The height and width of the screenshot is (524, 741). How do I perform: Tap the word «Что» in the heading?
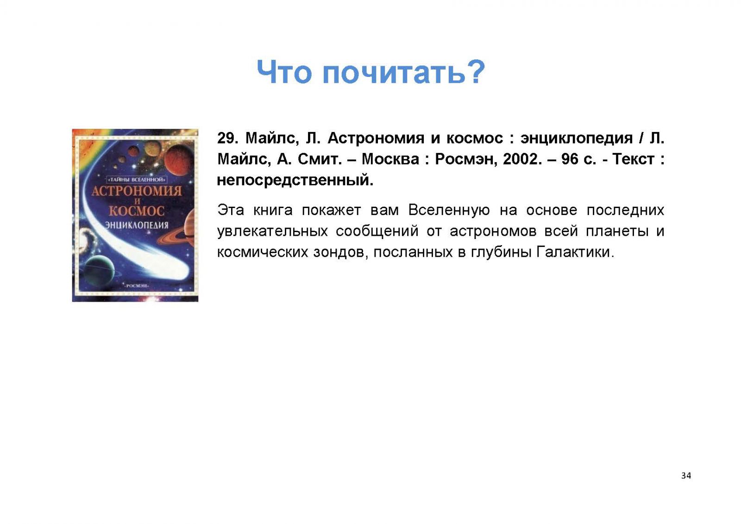[x=284, y=72]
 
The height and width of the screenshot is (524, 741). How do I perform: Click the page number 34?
[x=686, y=475]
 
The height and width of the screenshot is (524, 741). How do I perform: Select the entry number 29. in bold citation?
[x=227, y=138]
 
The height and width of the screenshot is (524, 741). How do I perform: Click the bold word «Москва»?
[x=390, y=159]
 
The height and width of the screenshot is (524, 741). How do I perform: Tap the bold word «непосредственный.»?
[x=295, y=181]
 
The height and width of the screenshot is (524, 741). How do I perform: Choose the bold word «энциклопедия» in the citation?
[x=577, y=139]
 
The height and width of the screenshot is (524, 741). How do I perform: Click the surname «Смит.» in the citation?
[x=320, y=159]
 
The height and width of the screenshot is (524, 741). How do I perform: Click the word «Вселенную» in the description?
[x=449, y=210]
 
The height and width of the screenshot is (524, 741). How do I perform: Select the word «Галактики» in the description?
[x=575, y=252]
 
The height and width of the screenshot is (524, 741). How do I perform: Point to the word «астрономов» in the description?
[x=493, y=231]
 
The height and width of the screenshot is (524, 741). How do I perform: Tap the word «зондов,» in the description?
[x=341, y=253]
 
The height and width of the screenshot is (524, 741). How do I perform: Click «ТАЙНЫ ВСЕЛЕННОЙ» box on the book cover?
[x=136, y=180]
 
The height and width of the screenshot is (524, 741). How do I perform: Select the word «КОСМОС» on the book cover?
[x=137, y=210]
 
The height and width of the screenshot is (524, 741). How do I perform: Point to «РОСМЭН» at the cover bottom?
[x=136, y=285]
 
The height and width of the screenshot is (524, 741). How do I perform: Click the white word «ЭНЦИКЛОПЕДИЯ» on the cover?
[x=137, y=225]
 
